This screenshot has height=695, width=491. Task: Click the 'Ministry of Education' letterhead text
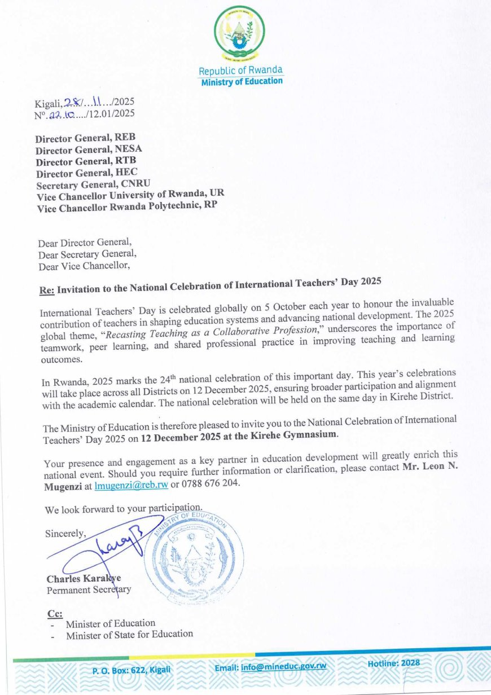[242, 81]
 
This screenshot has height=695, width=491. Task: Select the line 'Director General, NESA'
[89, 149]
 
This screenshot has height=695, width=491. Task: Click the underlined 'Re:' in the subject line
[46, 291]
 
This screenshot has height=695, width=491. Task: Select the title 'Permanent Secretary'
[89, 590]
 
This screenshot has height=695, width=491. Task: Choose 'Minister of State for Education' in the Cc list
[129, 634]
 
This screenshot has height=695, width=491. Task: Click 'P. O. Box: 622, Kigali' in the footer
[131, 670]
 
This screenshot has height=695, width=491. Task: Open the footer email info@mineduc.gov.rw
[270, 667]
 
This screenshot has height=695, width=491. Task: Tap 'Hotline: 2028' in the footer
[393, 663]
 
